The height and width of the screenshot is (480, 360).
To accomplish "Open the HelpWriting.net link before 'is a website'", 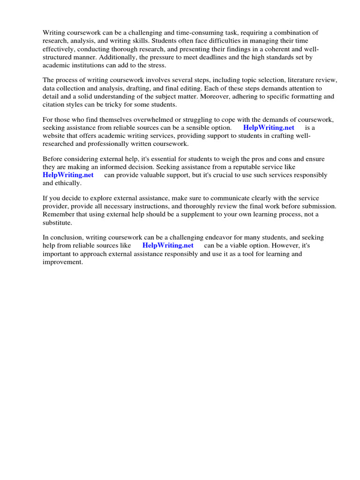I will coord(269,127).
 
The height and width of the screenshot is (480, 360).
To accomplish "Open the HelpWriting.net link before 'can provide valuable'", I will coord(68,175).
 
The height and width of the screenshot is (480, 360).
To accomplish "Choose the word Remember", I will coord(58,214).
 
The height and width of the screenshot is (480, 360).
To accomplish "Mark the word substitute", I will coord(57,222).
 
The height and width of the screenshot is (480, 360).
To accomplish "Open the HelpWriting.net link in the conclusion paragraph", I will coord(168,245).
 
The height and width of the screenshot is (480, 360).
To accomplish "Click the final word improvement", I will coord(62,262).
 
